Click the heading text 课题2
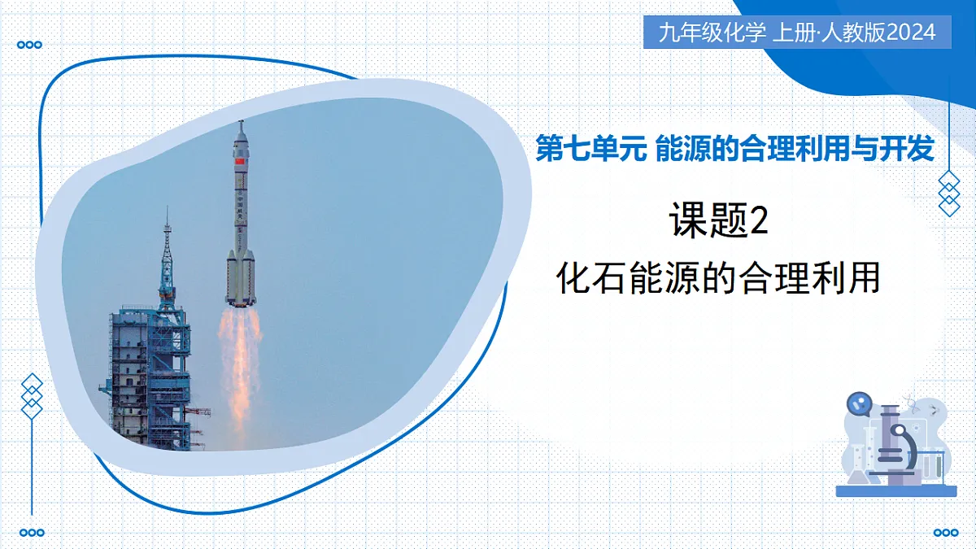718,222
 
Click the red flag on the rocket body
239,163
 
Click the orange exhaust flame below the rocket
239,358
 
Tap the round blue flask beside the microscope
859,402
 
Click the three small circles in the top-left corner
30,46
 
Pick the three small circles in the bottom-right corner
945,533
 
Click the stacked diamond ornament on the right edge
949,194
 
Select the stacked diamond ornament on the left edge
31,396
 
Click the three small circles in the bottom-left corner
31,533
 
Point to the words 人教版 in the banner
855,33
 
